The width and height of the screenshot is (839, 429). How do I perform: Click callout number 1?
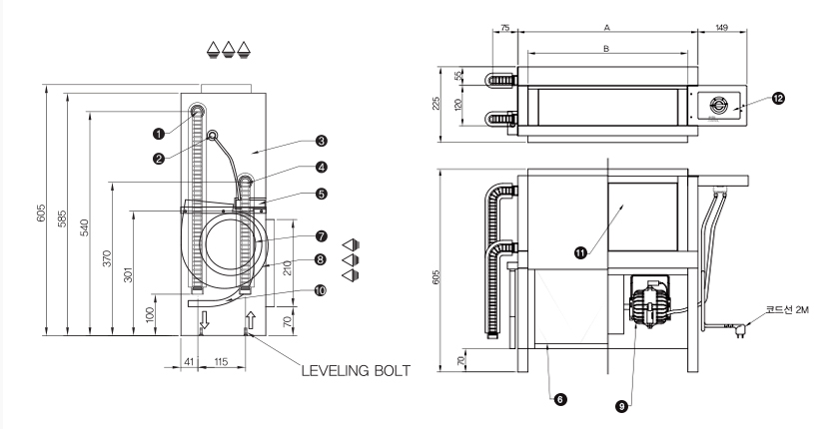(x=159, y=134)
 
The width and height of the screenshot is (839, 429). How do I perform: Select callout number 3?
(x=321, y=141)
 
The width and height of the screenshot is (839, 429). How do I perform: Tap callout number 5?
(x=321, y=194)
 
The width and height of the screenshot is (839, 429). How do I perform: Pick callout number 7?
(x=321, y=236)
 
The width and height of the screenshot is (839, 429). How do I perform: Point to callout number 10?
(x=320, y=290)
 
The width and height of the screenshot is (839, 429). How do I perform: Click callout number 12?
(x=778, y=98)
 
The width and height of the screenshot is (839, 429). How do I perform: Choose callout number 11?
(x=580, y=252)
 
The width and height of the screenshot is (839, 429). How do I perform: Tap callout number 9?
(x=621, y=407)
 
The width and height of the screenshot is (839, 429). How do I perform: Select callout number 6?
(x=559, y=399)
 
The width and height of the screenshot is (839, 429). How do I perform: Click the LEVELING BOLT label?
(x=356, y=371)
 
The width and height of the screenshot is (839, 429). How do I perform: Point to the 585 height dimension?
(x=63, y=218)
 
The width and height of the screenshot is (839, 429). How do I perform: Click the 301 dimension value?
(x=129, y=273)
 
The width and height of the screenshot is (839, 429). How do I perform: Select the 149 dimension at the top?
(x=722, y=28)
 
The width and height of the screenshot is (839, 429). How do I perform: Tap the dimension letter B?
(x=606, y=49)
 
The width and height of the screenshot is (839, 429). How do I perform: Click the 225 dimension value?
(x=436, y=104)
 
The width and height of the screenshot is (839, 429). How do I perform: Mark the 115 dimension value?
(x=221, y=362)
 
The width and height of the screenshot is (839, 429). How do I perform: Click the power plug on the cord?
(x=739, y=330)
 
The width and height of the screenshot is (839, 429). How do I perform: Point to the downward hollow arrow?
(x=205, y=320)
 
